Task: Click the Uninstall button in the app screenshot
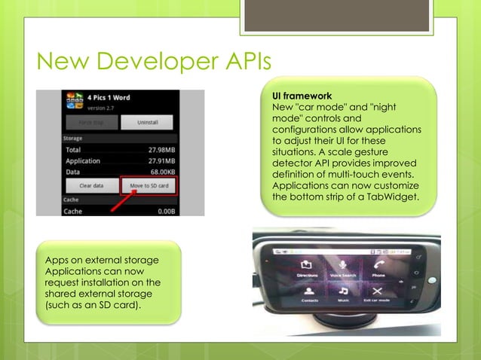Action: [x=146, y=122]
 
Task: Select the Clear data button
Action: [x=91, y=185]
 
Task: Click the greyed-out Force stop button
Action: [x=90, y=122]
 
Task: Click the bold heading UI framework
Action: [x=302, y=97]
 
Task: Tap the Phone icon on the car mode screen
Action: [x=378, y=266]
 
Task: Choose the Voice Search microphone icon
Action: [x=342, y=266]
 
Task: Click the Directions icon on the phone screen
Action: [x=307, y=266]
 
